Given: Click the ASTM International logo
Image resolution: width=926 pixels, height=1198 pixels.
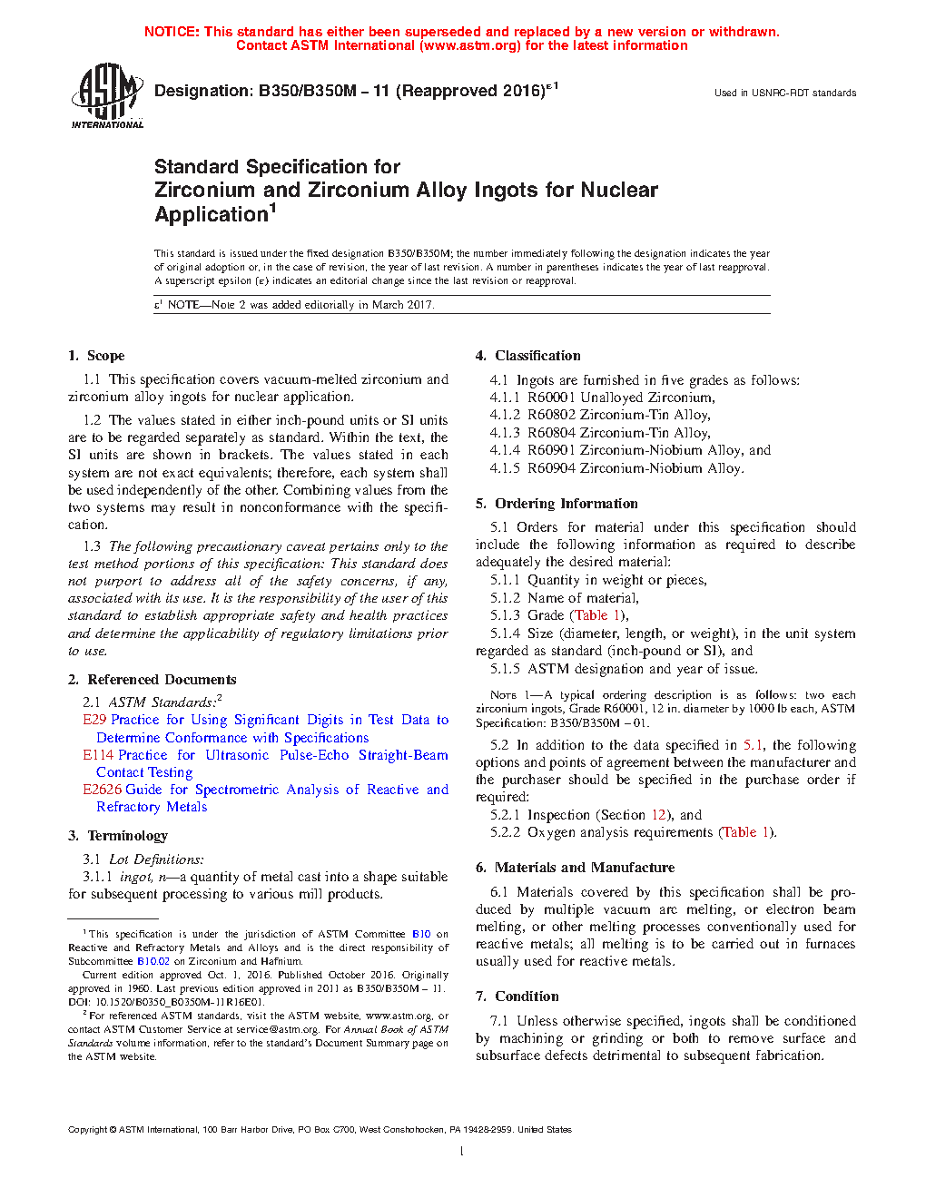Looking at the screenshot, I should (x=106, y=95).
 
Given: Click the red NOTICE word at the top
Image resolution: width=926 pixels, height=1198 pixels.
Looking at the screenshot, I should (x=171, y=32).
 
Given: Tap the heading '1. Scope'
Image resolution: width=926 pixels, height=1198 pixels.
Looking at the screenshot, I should (x=96, y=356).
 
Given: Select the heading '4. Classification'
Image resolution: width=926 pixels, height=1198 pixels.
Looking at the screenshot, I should (x=527, y=356).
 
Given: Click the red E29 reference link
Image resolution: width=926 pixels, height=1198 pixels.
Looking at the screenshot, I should (x=94, y=720).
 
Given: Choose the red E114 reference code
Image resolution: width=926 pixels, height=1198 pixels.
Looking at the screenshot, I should (x=98, y=755).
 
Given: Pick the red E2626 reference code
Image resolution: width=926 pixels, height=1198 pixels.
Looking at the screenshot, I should (x=102, y=790).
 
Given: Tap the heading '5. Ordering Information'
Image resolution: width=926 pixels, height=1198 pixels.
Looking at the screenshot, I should (x=557, y=504).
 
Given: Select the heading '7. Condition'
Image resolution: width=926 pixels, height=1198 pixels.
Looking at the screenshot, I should (x=517, y=997).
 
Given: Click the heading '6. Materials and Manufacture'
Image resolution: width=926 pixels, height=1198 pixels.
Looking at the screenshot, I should (x=575, y=868).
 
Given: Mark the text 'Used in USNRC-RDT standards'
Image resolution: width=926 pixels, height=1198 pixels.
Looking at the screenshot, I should (x=784, y=93).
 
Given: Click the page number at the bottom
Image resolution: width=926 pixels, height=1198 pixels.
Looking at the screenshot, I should (x=462, y=1152).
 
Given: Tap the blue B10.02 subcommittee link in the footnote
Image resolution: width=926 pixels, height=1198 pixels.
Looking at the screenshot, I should (x=153, y=961).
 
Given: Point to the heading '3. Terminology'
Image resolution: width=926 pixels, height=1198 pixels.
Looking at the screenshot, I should (x=118, y=836).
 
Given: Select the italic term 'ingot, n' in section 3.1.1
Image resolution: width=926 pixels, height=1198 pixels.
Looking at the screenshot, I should (x=146, y=877).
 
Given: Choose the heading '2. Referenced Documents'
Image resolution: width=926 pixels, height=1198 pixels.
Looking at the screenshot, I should (x=152, y=680).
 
